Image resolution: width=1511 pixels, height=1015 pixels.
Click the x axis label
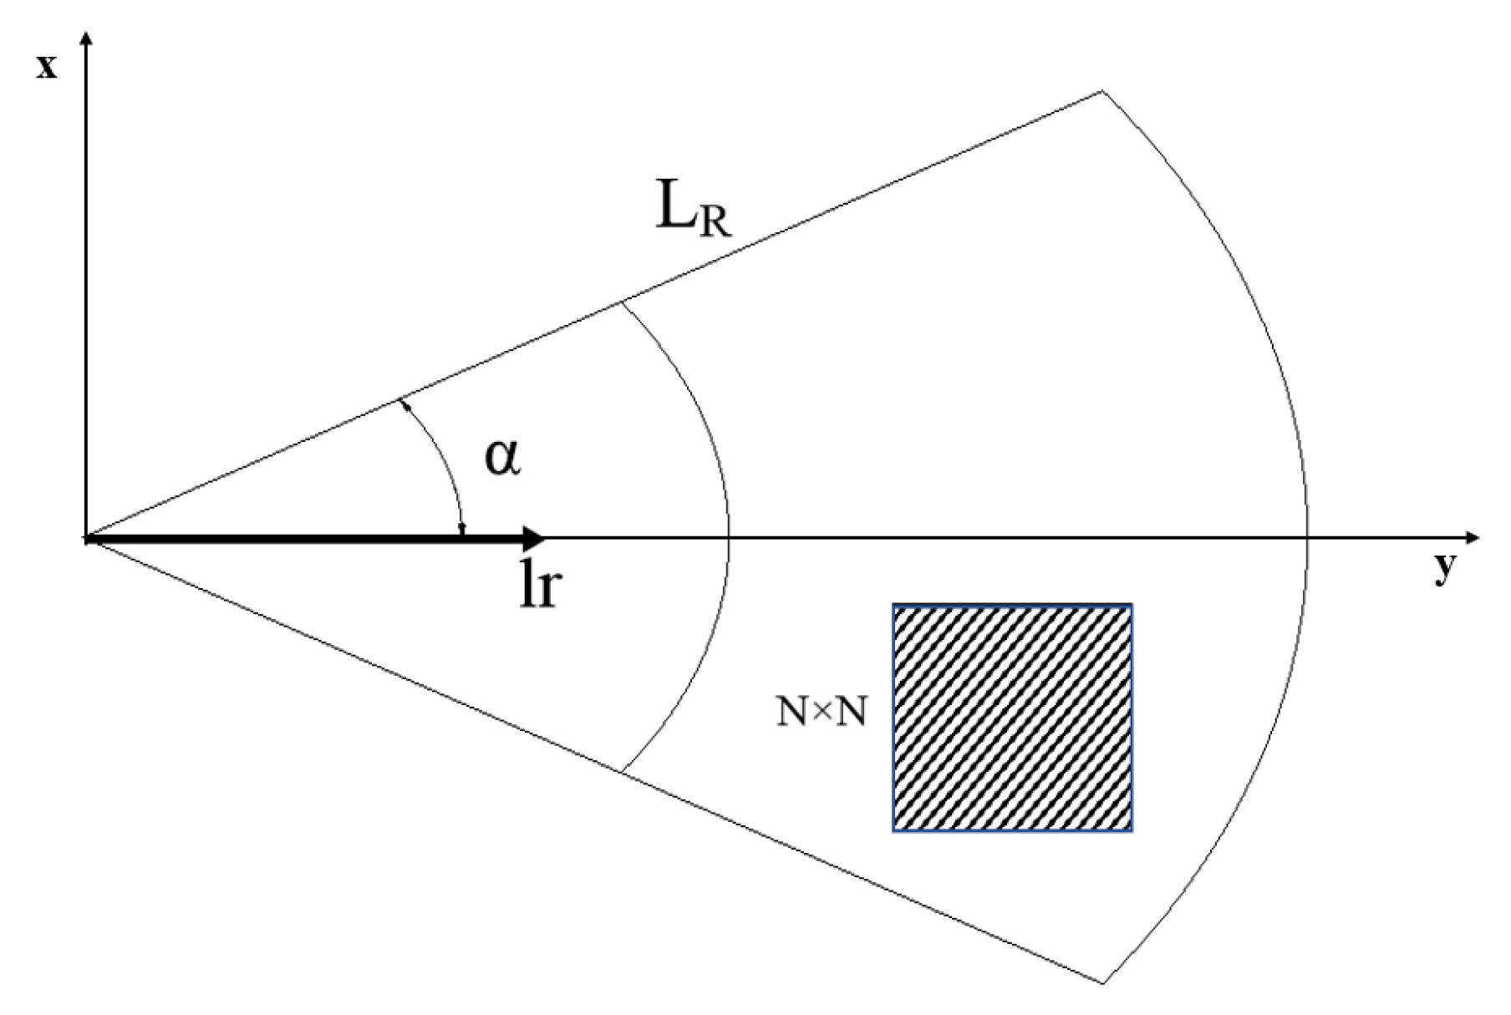46,67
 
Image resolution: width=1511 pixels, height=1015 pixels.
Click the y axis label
1444,570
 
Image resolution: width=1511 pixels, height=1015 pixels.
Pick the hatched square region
1012,718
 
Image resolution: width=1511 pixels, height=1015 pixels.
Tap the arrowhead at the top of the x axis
86,38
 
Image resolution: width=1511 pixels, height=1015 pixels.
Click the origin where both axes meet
86,537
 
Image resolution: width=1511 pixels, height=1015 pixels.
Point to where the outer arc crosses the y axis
1307,537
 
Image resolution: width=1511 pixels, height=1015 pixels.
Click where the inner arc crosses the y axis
730,537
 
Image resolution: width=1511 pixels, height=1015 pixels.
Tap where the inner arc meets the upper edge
621,302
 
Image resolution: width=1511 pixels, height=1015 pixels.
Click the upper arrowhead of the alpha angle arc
403,403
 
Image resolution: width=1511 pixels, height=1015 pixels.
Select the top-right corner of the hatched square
1132,606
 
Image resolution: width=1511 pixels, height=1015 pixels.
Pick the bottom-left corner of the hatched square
894,830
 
